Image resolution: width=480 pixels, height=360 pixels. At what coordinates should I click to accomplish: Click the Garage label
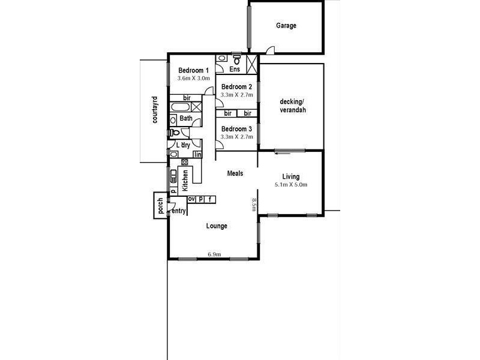tap(286, 26)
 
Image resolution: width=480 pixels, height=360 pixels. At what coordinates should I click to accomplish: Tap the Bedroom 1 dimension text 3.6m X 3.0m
tap(193, 79)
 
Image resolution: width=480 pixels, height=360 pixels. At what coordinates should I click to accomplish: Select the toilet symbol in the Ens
tap(238, 60)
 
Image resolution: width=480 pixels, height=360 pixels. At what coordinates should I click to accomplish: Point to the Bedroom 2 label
tap(236, 86)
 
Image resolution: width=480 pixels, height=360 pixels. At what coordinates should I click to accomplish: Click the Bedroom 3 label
tap(236, 129)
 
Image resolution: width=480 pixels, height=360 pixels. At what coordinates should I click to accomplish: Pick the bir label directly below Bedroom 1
tap(187, 98)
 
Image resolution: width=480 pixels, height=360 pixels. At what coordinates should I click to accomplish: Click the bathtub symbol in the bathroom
tap(180, 107)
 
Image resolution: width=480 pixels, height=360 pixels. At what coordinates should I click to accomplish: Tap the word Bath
tap(185, 119)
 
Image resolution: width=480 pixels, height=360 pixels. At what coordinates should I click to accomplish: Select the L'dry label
tap(183, 145)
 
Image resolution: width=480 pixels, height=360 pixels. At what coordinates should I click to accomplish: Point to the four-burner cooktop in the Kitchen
tap(185, 161)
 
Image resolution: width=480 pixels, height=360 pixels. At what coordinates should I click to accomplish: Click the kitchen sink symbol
tap(173, 176)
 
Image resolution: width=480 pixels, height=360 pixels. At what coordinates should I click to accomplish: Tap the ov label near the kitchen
tap(192, 199)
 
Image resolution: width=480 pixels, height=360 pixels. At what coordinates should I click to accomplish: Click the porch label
tap(160, 206)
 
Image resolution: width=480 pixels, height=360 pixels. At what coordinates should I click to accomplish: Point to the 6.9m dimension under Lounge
tap(214, 254)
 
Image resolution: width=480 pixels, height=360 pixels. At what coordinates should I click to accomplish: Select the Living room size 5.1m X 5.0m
tap(290, 185)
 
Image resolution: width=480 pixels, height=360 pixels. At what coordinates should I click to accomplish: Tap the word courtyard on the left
tap(155, 110)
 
